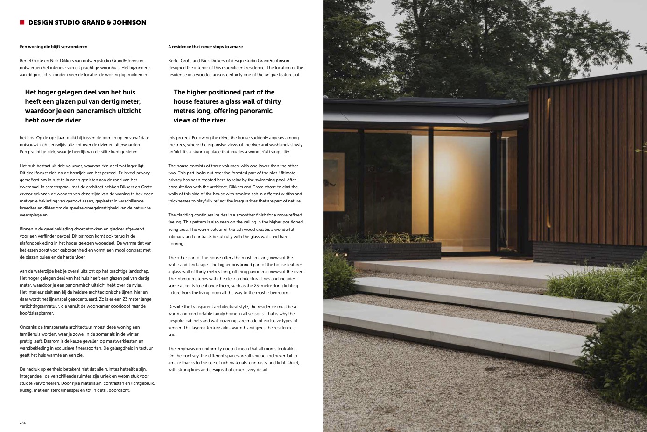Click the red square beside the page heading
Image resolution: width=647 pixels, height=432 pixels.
[x=22, y=22]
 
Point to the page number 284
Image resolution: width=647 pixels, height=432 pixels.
[x=22, y=423]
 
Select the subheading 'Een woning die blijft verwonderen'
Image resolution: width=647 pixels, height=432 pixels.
[x=54, y=47]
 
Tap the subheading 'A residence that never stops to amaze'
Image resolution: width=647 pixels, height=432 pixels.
[x=205, y=47]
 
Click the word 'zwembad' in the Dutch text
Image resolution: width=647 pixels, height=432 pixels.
[x=29, y=187]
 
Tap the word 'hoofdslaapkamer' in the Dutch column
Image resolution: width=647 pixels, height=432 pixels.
[x=37, y=313]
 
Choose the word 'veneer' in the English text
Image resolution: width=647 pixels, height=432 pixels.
[x=175, y=328]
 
